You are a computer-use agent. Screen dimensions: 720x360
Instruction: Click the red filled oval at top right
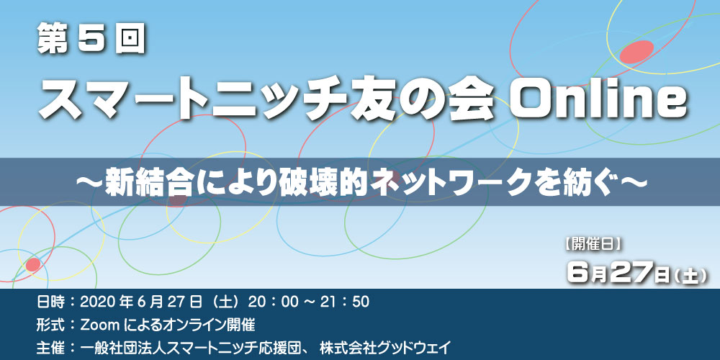pyautogui.click(x=636, y=51)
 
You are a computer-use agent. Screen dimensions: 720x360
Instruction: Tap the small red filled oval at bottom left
pyautogui.click(x=33, y=264)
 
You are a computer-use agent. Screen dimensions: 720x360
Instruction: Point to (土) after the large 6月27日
pyautogui.click(x=690, y=276)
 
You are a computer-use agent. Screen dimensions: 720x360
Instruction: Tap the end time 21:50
pyautogui.click(x=341, y=302)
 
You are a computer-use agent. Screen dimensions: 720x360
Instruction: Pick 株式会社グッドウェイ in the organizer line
pyautogui.click(x=386, y=346)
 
